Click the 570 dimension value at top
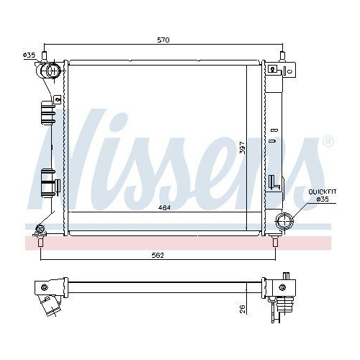[163, 40]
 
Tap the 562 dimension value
[158, 256]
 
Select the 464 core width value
[164, 207]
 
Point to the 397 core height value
[243, 148]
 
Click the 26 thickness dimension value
[243, 309]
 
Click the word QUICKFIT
[322, 192]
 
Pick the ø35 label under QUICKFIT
[323, 199]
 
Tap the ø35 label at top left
[29, 55]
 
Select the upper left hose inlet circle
[53, 71]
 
